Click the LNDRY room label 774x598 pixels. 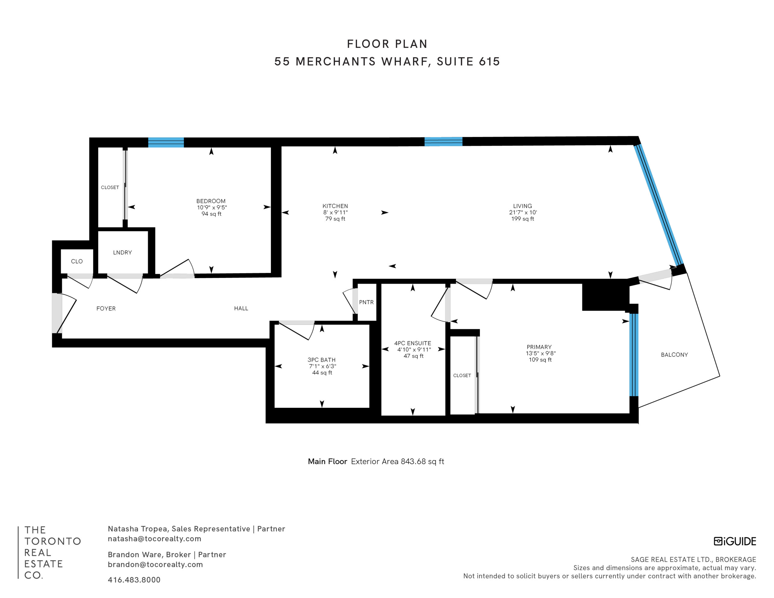[x=122, y=252]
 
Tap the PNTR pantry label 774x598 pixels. [x=366, y=302]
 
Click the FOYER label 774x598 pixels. [x=106, y=308]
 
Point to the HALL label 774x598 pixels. [x=241, y=308]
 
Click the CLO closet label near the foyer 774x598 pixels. [x=76, y=261]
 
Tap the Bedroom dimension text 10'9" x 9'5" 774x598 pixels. [x=212, y=207]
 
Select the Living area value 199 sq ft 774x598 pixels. [x=522, y=219]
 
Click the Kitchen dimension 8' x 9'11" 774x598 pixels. [x=335, y=212]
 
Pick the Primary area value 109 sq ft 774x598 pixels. [x=540, y=359]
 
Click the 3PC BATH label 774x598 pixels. [x=321, y=360]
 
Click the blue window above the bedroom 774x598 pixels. [x=166, y=142]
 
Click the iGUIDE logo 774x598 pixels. [x=735, y=541]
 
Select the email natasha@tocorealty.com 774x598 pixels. [x=154, y=538]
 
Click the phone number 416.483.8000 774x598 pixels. [x=134, y=580]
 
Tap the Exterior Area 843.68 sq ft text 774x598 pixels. [x=397, y=462]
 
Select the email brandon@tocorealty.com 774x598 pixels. [x=155, y=564]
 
